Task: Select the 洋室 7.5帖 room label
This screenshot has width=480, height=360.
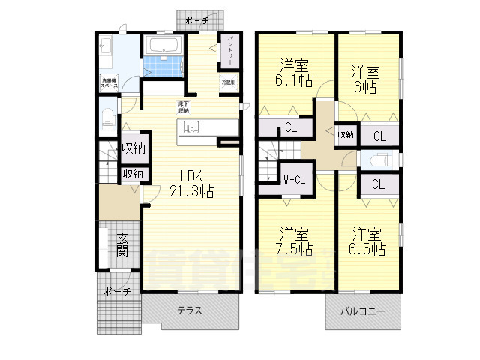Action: (292, 238)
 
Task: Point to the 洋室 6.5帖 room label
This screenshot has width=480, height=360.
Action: (368, 238)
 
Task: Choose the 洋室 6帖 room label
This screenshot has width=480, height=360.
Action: (365, 79)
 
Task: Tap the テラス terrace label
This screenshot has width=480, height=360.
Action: (190, 310)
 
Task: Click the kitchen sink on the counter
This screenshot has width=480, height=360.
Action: (190, 128)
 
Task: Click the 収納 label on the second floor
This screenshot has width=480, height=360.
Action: (345, 134)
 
